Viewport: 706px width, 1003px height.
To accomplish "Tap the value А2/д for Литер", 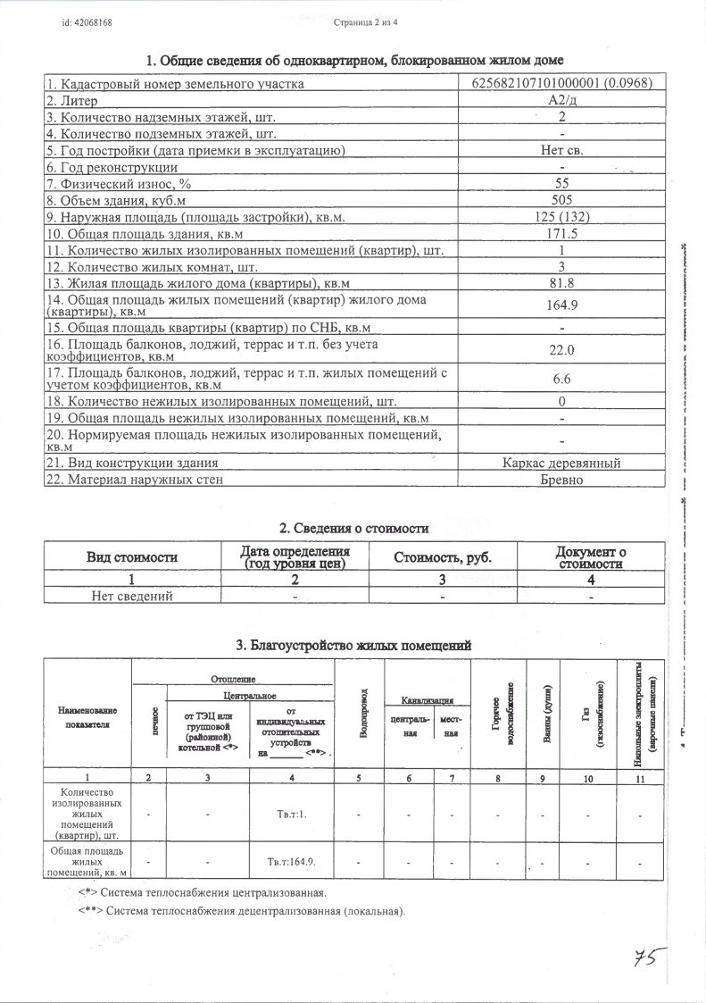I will tap(561, 101).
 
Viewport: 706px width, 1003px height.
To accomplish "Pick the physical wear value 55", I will tap(561, 183).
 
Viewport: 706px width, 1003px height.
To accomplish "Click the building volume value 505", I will tap(561, 200).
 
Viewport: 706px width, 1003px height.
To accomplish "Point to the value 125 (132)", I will tap(561, 217).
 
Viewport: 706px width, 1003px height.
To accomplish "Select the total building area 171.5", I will tap(561, 234).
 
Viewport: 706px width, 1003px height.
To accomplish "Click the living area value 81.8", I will tap(561, 283).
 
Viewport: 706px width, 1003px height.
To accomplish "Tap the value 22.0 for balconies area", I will tap(561, 350).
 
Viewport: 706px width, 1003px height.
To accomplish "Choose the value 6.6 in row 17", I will tap(561, 379).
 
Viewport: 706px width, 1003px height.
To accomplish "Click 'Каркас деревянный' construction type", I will tap(561, 463).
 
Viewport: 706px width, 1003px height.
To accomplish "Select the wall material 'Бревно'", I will tap(561, 480).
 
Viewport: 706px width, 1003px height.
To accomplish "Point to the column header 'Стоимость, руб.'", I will tap(443, 558).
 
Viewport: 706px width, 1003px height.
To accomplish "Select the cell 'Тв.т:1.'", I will tap(292, 814).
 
